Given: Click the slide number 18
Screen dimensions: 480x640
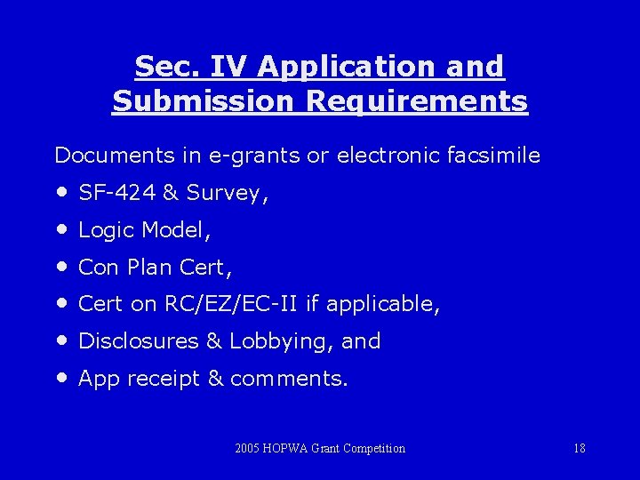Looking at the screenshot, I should (580, 448).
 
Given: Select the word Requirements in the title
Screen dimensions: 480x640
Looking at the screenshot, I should (417, 102).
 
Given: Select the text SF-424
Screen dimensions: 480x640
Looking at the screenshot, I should (116, 193).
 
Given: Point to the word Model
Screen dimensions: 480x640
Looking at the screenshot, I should (179, 230).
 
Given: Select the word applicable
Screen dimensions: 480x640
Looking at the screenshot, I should (381, 305).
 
